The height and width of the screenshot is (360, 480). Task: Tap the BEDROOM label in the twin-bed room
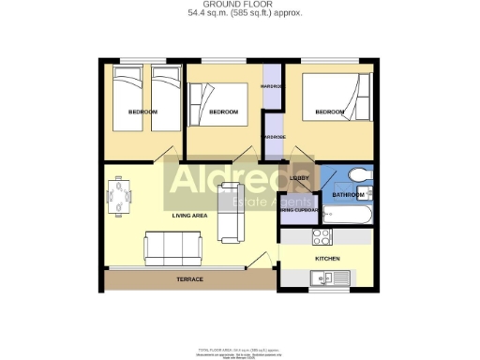coord(142,112)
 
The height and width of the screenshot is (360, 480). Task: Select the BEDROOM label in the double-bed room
coord(329,112)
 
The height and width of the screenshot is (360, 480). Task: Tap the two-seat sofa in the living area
coord(231,212)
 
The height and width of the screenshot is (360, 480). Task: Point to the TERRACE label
coord(190,278)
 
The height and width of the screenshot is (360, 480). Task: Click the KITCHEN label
coord(327,258)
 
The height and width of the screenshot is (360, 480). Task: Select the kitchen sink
coord(329,277)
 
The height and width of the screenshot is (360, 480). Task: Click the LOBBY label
coord(300,177)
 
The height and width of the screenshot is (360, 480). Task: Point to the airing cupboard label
coord(299,210)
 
